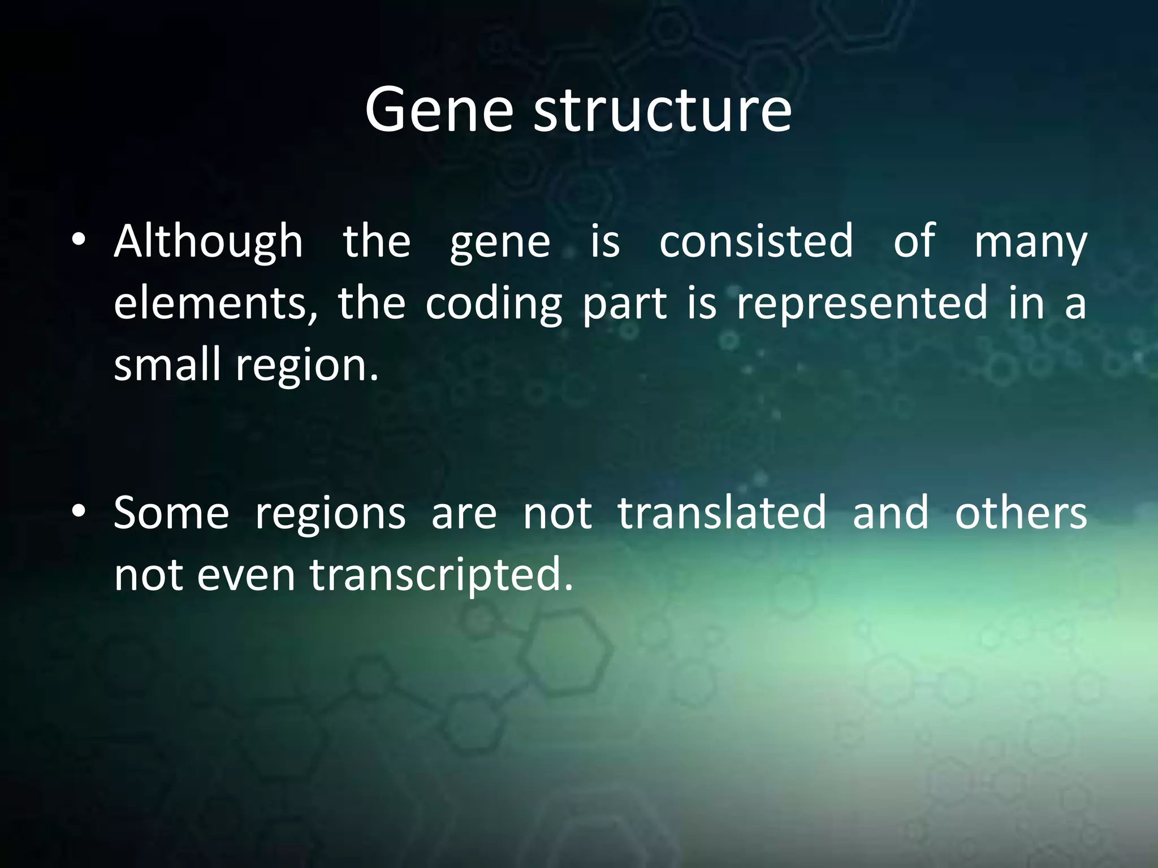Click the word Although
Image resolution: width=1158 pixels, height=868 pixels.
[x=208, y=242]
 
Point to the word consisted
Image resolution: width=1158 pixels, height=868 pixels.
[x=756, y=242]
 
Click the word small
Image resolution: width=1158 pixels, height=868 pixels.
[x=167, y=364]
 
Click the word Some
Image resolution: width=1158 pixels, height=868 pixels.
[x=171, y=513]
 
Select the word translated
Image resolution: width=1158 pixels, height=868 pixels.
[x=722, y=513]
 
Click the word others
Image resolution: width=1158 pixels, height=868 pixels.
[x=1021, y=513]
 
